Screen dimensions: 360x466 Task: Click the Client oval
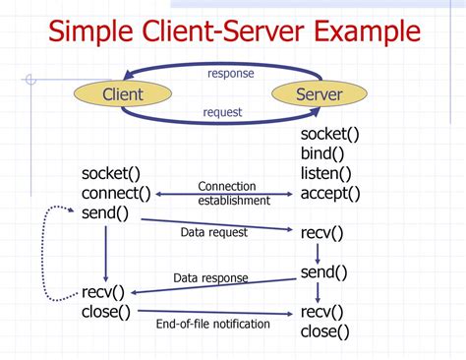click(x=123, y=94)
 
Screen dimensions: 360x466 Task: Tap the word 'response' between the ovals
click(x=230, y=73)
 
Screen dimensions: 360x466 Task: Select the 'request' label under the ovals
click(x=222, y=112)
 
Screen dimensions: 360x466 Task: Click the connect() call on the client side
click(x=117, y=193)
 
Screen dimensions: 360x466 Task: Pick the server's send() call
click(x=324, y=272)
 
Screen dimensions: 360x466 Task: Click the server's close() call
click(x=325, y=331)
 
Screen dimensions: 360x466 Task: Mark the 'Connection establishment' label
click(x=233, y=193)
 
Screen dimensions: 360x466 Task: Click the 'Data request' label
click(x=214, y=233)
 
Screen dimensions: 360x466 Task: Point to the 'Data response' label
click(x=211, y=278)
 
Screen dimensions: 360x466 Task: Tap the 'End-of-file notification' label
click(x=212, y=324)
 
